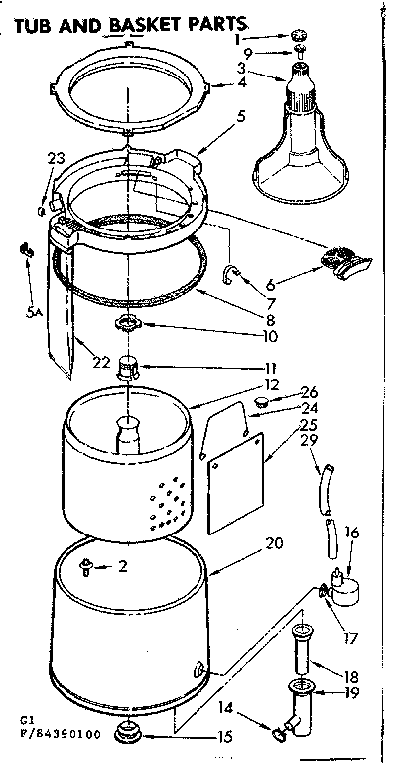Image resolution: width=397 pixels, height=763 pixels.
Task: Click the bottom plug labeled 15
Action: [184, 734]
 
